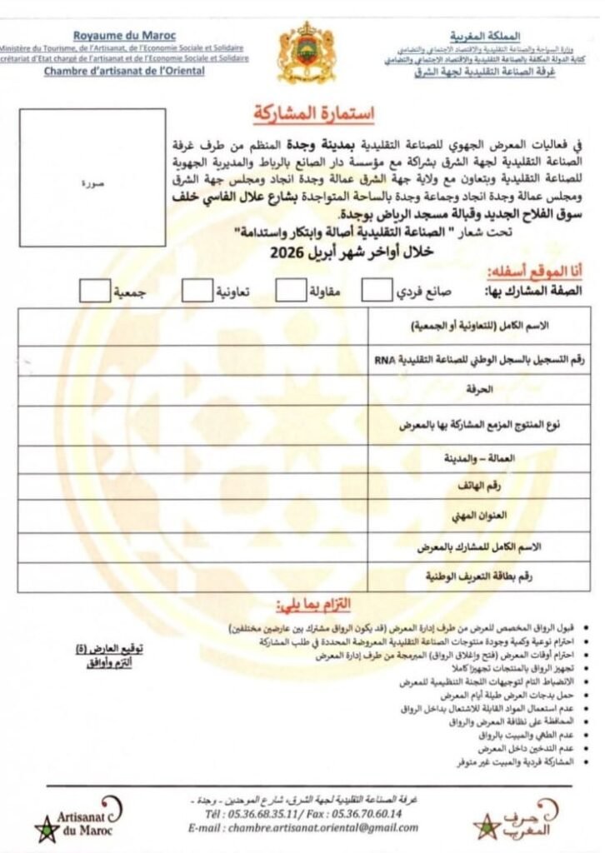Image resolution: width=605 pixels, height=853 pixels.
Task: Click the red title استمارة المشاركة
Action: [301, 112]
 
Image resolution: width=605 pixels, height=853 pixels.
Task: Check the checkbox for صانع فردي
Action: [376, 290]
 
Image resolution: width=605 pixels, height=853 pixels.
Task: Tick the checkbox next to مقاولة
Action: [289, 290]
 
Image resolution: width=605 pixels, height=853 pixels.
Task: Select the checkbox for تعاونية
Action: [197, 290]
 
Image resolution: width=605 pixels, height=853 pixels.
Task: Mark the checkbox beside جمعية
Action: [94, 290]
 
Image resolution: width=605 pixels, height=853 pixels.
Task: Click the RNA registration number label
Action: [472, 358]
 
